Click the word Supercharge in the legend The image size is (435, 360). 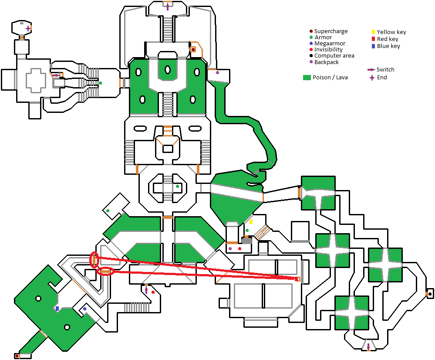tap(331, 31)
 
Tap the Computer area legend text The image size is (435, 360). tap(334, 56)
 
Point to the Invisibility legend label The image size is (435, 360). tap(328, 50)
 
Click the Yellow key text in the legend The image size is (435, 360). tap(391, 32)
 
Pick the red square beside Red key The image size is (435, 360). tap(373, 39)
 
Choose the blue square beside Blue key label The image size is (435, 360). tap(373, 46)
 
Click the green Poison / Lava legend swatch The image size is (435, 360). tap(307, 78)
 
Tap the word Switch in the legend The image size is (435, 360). tap(385, 70)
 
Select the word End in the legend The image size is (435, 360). tap(382, 78)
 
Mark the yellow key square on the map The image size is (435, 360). tap(251, 222)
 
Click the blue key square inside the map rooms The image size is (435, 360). tap(57, 309)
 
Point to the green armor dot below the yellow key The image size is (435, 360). tap(247, 230)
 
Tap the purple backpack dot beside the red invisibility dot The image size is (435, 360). tap(230, 248)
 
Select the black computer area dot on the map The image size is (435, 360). tap(430, 294)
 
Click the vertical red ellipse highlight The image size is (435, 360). tap(94, 260)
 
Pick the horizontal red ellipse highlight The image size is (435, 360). tap(105, 272)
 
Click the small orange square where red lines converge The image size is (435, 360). tap(298, 279)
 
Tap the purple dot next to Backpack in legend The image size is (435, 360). tap(310, 62)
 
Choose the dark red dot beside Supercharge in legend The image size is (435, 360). tap(310, 31)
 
